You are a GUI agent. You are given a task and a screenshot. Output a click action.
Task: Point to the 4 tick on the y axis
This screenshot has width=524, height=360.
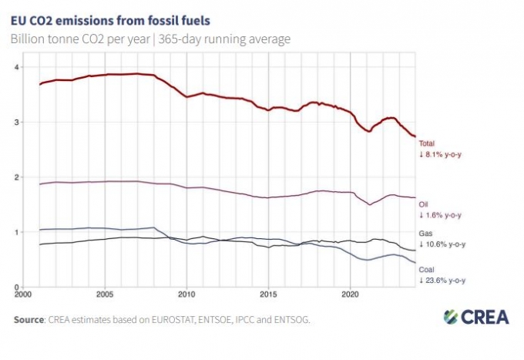[16, 67]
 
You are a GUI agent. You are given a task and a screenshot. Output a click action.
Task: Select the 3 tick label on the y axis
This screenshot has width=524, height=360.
[16, 123]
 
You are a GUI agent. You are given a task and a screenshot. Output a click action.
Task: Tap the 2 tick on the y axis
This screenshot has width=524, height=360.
[16, 177]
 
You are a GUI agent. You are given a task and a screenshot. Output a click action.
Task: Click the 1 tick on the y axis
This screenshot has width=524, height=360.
[16, 232]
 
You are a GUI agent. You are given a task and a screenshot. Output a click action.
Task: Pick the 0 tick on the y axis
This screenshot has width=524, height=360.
[16, 287]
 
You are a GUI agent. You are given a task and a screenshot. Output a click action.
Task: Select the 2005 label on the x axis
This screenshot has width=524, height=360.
[104, 294]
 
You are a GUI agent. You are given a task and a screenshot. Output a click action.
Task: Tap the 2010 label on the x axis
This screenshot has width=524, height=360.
[186, 294]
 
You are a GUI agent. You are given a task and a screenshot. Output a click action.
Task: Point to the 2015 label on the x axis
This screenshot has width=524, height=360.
[268, 294]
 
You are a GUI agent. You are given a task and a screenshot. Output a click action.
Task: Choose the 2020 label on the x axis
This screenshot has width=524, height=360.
[350, 294]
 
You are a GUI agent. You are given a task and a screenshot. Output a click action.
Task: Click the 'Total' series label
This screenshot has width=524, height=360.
[427, 143]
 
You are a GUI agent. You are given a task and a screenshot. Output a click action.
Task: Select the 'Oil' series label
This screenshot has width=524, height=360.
[424, 204]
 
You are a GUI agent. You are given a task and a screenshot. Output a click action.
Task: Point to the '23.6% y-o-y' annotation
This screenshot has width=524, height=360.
[443, 281]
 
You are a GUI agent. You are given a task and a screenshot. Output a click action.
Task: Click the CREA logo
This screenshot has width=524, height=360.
[472, 317]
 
